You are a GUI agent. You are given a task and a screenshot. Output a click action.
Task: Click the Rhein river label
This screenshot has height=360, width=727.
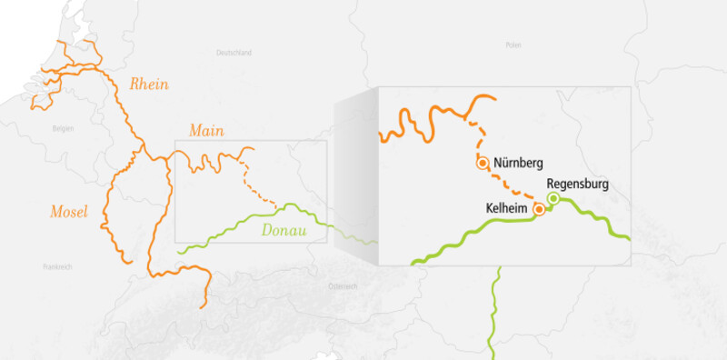(x=149, y=84)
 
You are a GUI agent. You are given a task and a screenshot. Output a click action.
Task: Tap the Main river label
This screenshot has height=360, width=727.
(x=206, y=131)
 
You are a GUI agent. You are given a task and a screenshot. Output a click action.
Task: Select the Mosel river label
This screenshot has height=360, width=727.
(x=68, y=214)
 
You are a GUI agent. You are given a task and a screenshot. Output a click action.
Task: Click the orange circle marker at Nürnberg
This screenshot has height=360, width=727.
(x=483, y=165)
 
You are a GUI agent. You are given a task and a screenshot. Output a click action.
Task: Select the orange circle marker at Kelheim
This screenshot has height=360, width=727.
(x=538, y=209)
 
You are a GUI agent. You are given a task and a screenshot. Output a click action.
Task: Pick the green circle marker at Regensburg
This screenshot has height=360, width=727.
(x=553, y=199)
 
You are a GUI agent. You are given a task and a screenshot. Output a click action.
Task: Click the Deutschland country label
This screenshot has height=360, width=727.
(x=234, y=54)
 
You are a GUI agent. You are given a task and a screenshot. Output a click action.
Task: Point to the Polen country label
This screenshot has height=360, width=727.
(x=513, y=45)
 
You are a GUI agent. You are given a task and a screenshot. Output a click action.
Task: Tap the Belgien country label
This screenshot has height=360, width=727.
(x=62, y=129)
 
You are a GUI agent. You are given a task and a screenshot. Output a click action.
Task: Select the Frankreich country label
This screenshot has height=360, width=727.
(x=57, y=266)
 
